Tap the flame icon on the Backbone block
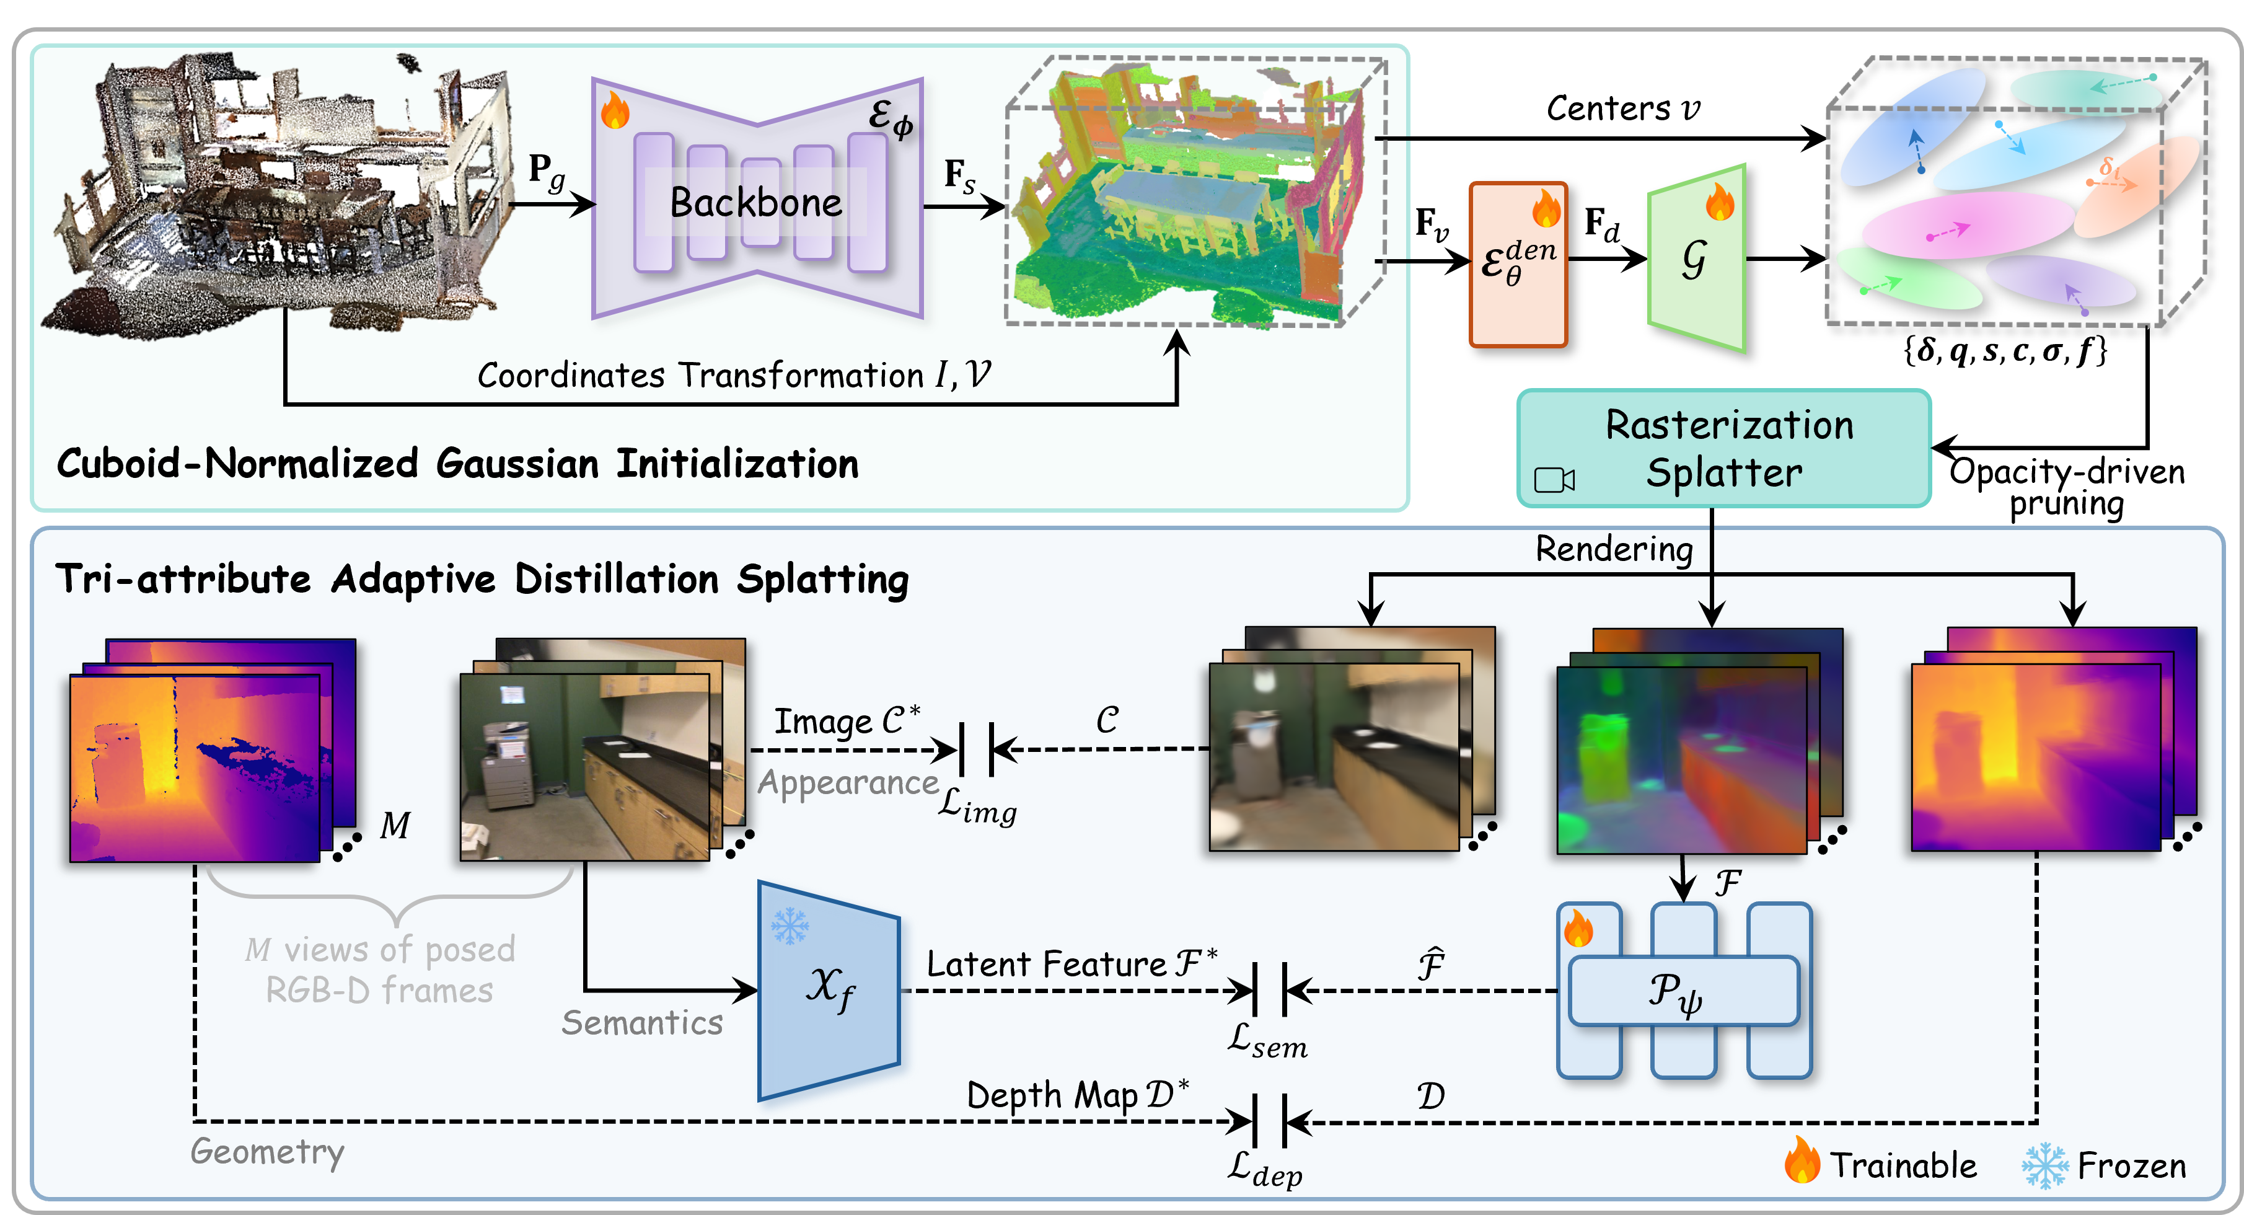(x=615, y=111)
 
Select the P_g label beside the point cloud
(x=546, y=171)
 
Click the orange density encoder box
(x=1518, y=264)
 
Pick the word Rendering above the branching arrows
(x=1613, y=549)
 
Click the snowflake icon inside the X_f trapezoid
(x=790, y=926)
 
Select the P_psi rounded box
(x=1683, y=991)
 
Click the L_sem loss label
(x=1267, y=1041)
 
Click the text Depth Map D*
(x=1078, y=1095)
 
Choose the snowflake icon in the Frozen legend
(x=2044, y=1165)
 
